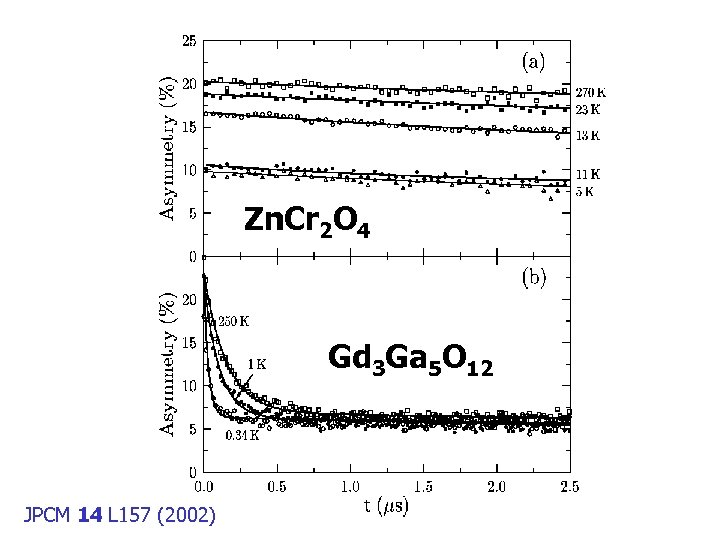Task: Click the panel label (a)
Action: [534, 61]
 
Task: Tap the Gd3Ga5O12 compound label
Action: [410, 361]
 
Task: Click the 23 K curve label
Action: [591, 108]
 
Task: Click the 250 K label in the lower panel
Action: [234, 321]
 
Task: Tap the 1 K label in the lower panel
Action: [257, 365]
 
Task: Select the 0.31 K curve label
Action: [242, 435]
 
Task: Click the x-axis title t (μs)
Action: [385, 506]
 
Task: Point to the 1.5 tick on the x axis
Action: [424, 487]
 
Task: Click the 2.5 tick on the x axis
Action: [569, 487]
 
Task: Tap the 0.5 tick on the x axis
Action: [277, 487]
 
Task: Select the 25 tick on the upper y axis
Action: [188, 41]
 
